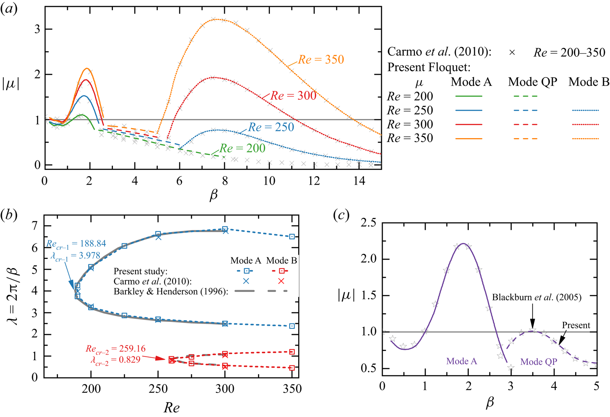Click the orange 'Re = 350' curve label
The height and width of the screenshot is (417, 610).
point(321,59)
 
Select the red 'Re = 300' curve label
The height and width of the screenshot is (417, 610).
point(293,96)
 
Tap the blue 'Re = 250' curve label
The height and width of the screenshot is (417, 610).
point(271,127)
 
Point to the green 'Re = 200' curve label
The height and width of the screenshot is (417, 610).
point(242,148)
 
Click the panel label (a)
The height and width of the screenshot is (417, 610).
point(8,8)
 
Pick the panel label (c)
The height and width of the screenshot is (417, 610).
point(341,215)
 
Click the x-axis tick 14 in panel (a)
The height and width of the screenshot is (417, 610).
point(359,180)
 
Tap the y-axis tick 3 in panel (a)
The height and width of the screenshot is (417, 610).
point(37,29)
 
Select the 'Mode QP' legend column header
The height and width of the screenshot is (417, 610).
point(532,82)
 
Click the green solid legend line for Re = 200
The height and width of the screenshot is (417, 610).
point(468,96)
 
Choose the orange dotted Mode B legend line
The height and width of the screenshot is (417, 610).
point(585,138)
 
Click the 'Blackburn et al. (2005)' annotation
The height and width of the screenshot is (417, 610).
point(537,297)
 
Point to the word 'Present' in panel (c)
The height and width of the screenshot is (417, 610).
point(576,325)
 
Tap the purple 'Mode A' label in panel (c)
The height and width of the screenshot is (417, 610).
point(461,361)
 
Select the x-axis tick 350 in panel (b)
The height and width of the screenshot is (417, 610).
point(292,389)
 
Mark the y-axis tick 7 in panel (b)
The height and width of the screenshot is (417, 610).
point(35,226)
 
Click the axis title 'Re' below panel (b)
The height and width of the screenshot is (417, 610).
point(172,407)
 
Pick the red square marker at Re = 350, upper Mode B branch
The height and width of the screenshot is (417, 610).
point(292,352)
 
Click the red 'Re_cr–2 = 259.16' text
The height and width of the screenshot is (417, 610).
point(116,349)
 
